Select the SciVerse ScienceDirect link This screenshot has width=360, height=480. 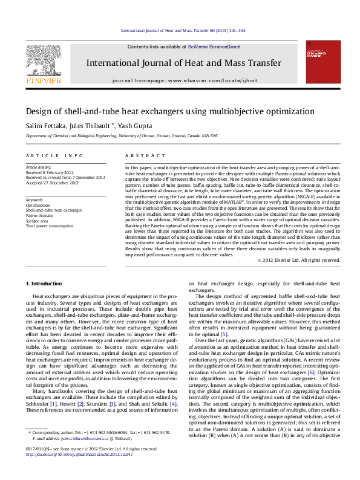(x=214, y=47)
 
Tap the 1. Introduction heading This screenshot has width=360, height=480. (x=46, y=284)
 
